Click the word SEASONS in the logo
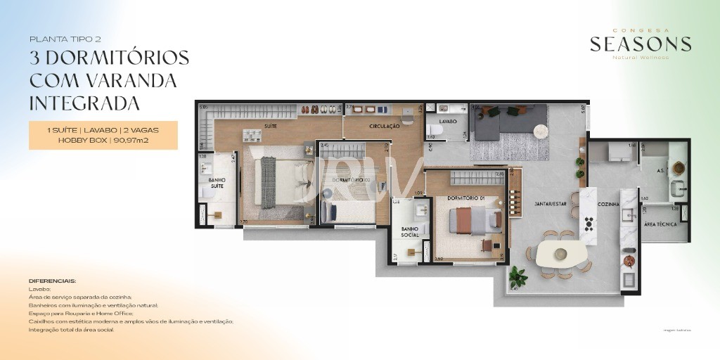pos(640,44)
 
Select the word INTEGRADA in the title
pos(84,103)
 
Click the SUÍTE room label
pos(270,127)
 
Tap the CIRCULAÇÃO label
pos(384,127)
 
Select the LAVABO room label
pos(448,121)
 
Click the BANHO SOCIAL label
pos(410,232)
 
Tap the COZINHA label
pos(608,204)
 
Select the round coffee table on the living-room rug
pos(541,131)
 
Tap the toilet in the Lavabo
pos(432,131)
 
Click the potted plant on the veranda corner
pos(518,275)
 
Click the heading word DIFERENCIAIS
pos(53,281)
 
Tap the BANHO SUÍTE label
pos(217,184)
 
